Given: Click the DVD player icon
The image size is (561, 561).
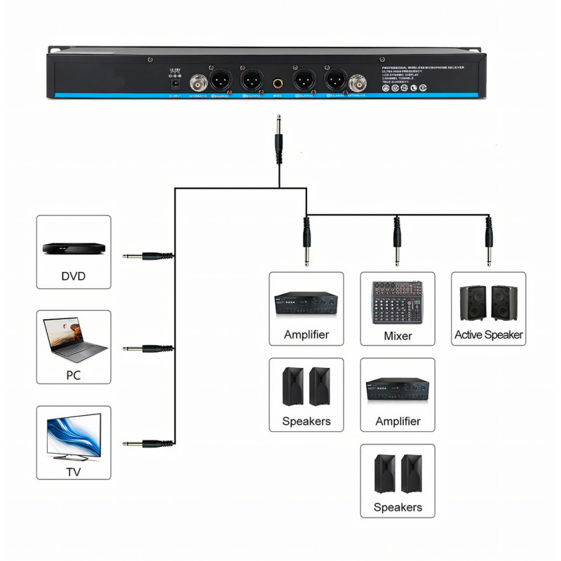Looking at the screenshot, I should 73,248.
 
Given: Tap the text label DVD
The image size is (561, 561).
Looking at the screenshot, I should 73,276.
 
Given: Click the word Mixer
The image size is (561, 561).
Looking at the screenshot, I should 398,336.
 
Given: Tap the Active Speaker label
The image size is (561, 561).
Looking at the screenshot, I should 489,334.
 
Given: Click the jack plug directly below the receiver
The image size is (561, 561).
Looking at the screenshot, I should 279,140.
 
